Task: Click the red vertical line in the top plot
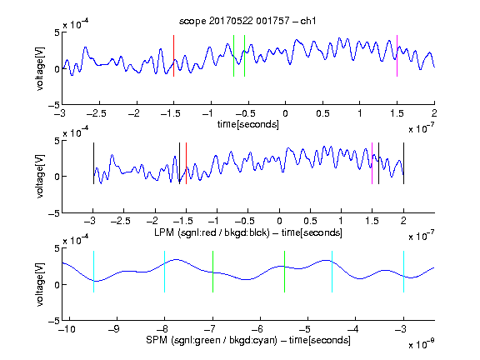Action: click(x=173, y=56)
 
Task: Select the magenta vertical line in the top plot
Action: click(x=397, y=56)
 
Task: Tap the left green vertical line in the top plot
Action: click(x=233, y=56)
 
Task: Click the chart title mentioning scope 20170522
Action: click(x=247, y=21)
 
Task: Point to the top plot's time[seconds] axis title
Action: click(x=248, y=124)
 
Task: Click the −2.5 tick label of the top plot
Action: click(x=97, y=113)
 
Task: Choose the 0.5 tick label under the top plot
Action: click(x=322, y=113)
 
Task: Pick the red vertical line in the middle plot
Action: click(x=186, y=163)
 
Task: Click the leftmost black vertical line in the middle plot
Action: click(x=93, y=163)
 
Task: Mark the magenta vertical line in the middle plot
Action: click(x=372, y=163)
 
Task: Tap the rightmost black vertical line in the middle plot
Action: click(x=403, y=163)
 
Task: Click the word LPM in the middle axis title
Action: click(x=164, y=232)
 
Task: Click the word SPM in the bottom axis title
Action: click(x=156, y=340)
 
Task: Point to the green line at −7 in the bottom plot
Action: click(x=212, y=272)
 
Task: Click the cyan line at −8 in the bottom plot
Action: click(x=164, y=272)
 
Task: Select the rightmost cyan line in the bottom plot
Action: click(x=403, y=272)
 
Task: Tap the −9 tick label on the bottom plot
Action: click(x=114, y=329)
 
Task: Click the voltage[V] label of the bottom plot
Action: click(x=40, y=284)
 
